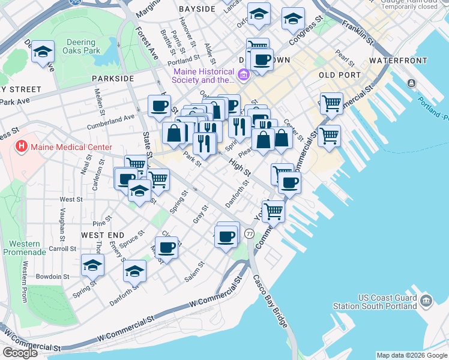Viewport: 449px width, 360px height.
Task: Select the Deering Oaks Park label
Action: pos(79,47)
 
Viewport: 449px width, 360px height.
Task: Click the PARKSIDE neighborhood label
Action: pos(113,79)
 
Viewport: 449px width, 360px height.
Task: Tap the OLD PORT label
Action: pos(340,75)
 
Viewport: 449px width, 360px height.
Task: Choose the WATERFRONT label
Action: pos(398,61)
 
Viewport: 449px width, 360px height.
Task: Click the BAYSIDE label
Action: pos(197,10)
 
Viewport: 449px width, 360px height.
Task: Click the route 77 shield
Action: pos(250,233)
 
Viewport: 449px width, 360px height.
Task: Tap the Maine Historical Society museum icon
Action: pos(244,76)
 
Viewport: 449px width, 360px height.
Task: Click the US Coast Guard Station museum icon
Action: pos(426,299)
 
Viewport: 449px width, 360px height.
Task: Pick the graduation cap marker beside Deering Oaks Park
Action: pos(43,52)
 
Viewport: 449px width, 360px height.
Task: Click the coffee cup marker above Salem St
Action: pos(167,245)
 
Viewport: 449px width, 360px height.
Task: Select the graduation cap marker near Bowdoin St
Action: pos(93,264)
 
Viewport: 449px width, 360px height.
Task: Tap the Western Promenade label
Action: pos(25,248)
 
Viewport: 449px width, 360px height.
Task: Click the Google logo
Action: pos(20,353)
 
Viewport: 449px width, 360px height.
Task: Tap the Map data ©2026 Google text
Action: pos(411,355)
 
